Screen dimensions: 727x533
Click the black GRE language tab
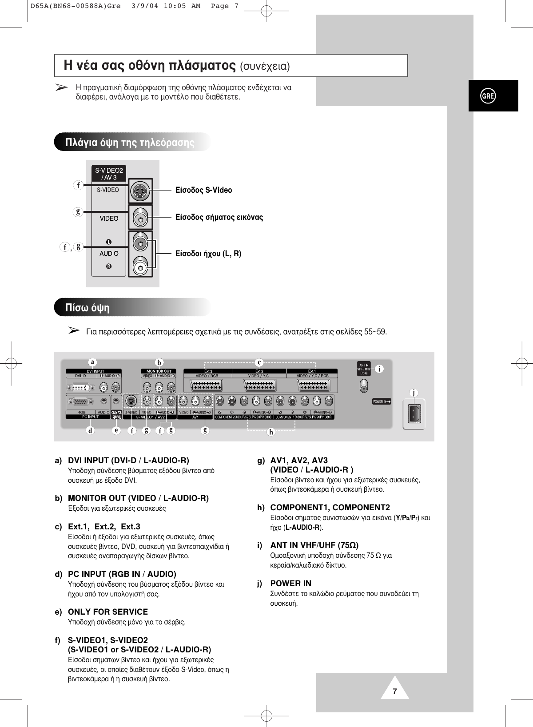[x=489, y=96]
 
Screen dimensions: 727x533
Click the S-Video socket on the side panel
[x=140, y=191]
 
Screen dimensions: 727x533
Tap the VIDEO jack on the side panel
[x=140, y=218]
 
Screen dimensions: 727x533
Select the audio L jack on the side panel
[x=141, y=243]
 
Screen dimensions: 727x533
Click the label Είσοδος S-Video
[x=204, y=191]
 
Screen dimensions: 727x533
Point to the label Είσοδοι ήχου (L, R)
[x=208, y=254]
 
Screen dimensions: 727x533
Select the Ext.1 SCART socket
[x=312, y=387]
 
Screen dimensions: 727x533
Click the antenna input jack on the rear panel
[x=364, y=388]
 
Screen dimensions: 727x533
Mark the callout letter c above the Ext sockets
[x=260, y=362]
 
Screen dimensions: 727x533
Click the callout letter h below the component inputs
[x=271, y=431]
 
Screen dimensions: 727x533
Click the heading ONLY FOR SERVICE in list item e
[x=108, y=612]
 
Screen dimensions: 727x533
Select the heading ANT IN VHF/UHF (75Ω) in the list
[x=314, y=545]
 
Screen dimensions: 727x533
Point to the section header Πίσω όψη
[x=88, y=308]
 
